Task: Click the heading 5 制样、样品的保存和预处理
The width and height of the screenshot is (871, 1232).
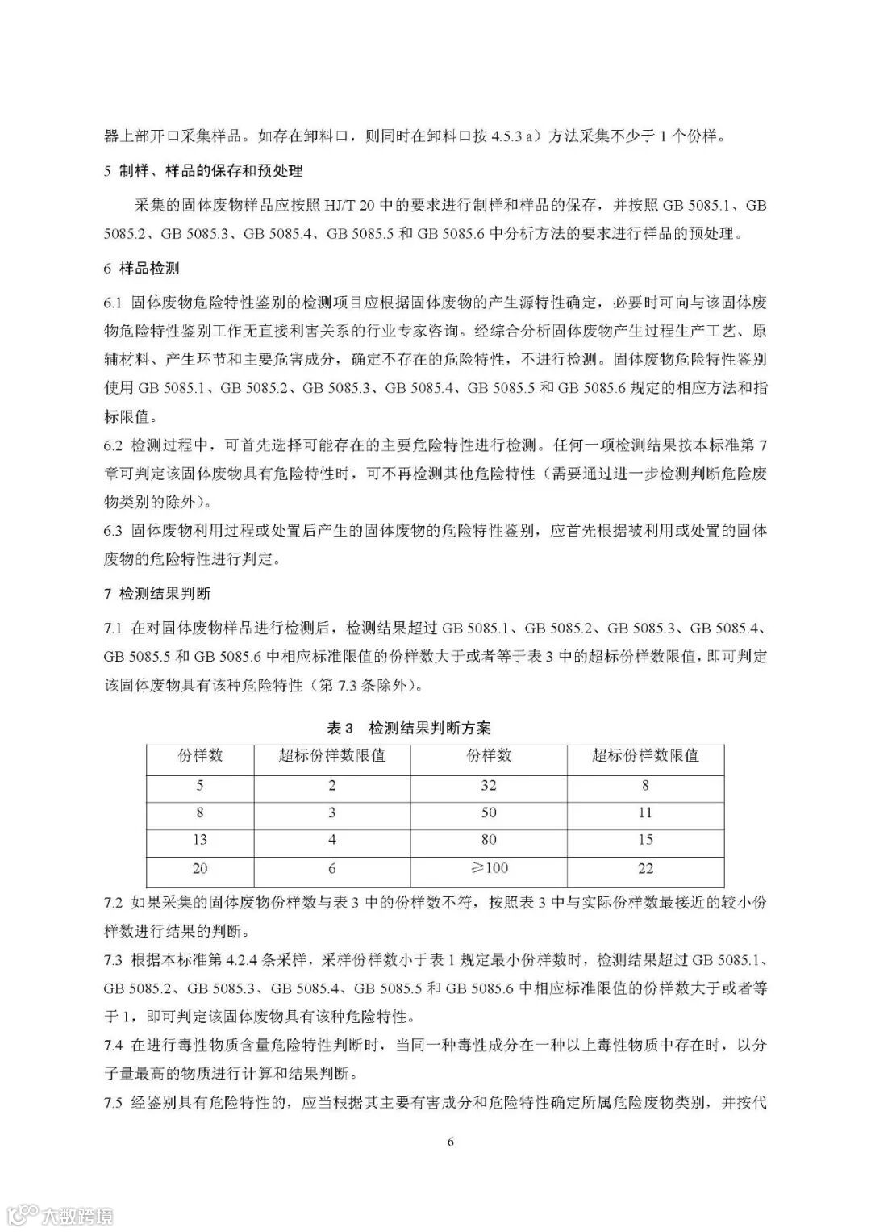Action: (x=203, y=171)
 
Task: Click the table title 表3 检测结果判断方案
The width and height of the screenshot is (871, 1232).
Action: (x=409, y=728)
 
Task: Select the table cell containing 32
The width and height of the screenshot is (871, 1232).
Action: (x=488, y=785)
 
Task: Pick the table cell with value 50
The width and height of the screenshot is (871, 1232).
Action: (x=488, y=812)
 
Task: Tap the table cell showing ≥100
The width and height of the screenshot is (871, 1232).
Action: (x=488, y=868)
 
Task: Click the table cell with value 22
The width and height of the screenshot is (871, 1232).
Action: (x=644, y=868)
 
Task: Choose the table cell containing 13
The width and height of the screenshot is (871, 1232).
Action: (x=200, y=840)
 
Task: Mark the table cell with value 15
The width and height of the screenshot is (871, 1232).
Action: (x=644, y=840)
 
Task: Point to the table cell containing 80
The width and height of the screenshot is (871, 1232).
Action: (x=488, y=840)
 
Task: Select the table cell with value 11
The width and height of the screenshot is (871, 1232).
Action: (x=644, y=812)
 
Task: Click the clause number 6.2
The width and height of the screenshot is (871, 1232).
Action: (x=113, y=445)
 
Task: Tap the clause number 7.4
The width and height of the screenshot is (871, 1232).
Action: (x=113, y=1046)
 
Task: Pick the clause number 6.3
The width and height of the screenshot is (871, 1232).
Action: (x=113, y=530)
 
